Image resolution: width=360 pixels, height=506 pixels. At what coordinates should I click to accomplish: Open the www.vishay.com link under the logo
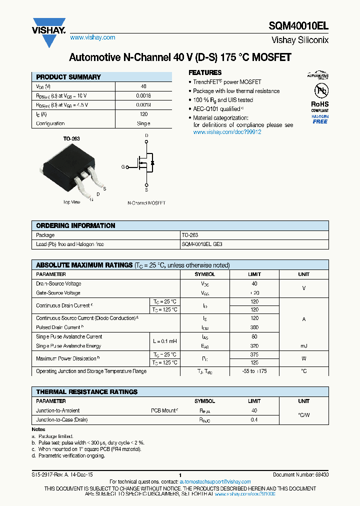click(x=92, y=37)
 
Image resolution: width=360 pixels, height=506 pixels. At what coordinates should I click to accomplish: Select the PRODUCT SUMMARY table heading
click(x=68, y=77)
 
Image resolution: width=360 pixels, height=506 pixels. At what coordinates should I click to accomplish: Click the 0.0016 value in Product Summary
click(x=143, y=95)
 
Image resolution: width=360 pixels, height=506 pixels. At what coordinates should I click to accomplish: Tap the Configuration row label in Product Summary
click(x=50, y=123)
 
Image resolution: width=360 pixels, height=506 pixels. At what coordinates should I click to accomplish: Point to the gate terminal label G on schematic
click(x=123, y=167)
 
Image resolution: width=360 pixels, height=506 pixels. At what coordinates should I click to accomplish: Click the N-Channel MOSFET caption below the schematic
click(x=146, y=203)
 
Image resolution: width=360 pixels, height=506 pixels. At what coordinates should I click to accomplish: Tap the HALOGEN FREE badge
click(x=320, y=119)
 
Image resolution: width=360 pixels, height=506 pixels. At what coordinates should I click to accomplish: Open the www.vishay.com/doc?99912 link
click(x=227, y=132)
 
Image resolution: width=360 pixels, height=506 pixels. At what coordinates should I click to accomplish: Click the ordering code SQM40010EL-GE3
click(x=202, y=244)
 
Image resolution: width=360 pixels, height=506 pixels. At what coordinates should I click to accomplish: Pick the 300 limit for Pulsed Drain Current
click(x=254, y=327)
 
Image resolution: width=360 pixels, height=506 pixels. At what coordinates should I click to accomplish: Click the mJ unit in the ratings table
click(x=303, y=346)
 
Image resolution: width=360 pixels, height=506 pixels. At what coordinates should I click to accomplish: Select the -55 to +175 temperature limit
click(x=254, y=371)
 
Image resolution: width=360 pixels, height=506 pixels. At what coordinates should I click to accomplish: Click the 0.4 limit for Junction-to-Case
click(x=254, y=420)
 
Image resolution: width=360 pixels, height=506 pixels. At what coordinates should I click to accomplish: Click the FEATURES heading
click(x=205, y=72)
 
